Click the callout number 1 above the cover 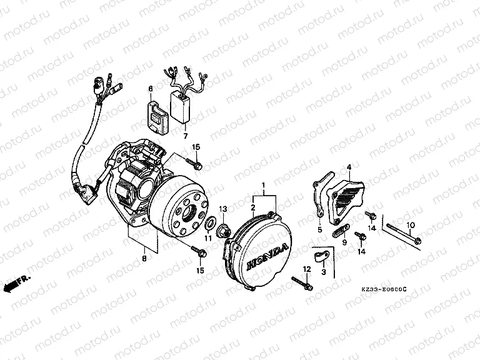point(264,186)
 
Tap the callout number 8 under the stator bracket point(144,257)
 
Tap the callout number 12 point(307,269)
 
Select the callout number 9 point(344,242)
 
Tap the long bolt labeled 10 point(403,236)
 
